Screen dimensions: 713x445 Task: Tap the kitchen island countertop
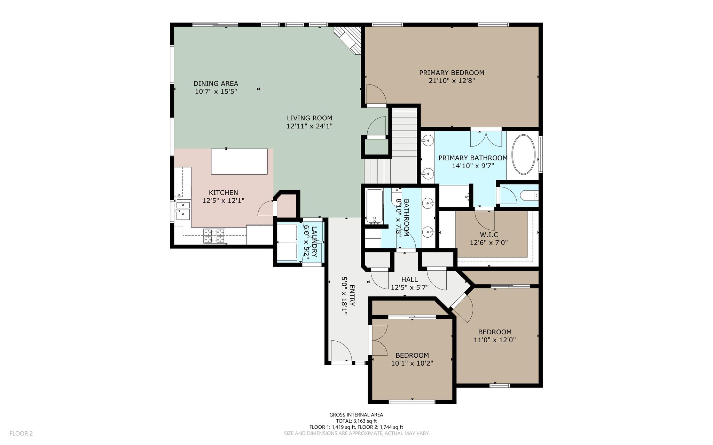coord(240,161)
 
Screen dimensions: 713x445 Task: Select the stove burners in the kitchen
coord(214,236)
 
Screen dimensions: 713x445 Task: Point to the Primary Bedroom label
coord(452,73)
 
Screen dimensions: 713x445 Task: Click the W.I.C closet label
coord(489,235)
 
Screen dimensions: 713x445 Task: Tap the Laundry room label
coord(314,237)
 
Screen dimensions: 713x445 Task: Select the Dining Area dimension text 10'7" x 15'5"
coord(216,92)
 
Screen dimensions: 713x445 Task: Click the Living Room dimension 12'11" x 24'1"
coord(310,126)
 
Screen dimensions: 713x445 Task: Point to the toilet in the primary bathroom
coord(529,196)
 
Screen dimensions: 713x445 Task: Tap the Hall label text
coord(409,279)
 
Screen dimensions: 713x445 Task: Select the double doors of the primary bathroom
coord(486,138)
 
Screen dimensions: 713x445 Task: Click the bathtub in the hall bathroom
coord(374,206)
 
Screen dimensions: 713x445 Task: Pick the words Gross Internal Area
coord(356,415)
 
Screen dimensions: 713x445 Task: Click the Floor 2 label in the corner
coord(21,434)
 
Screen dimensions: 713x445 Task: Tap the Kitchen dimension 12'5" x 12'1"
coord(224,200)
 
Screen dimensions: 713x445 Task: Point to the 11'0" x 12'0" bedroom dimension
coord(495,340)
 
